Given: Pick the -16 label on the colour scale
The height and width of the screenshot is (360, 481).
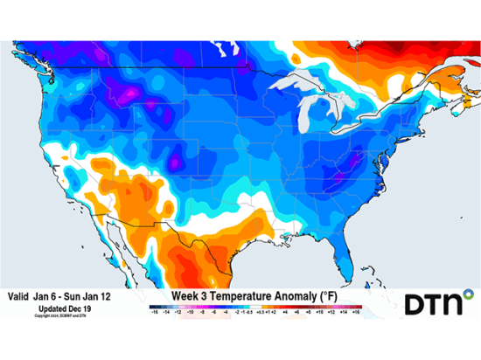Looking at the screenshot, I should [x=154, y=311].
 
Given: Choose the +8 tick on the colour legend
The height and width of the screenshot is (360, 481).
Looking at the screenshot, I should [x=309, y=311].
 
